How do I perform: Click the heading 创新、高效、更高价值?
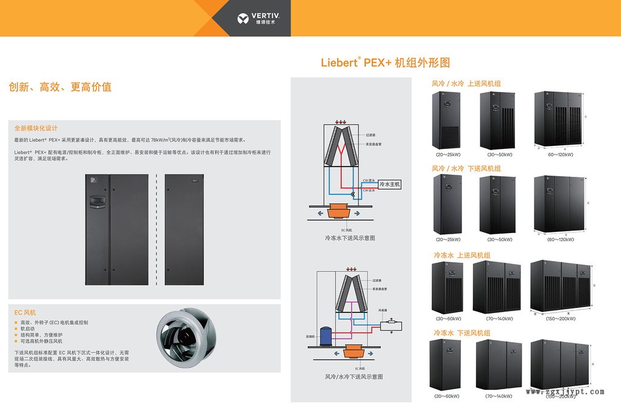(x=60, y=87)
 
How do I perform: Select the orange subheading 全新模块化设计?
(x=36, y=128)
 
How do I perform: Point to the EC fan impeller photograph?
(x=184, y=337)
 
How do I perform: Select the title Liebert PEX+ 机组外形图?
(x=385, y=62)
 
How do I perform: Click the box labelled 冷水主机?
(x=389, y=184)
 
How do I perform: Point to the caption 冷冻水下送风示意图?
(x=350, y=239)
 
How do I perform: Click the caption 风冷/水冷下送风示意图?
(x=354, y=377)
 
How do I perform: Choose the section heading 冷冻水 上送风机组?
(x=462, y=255)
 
